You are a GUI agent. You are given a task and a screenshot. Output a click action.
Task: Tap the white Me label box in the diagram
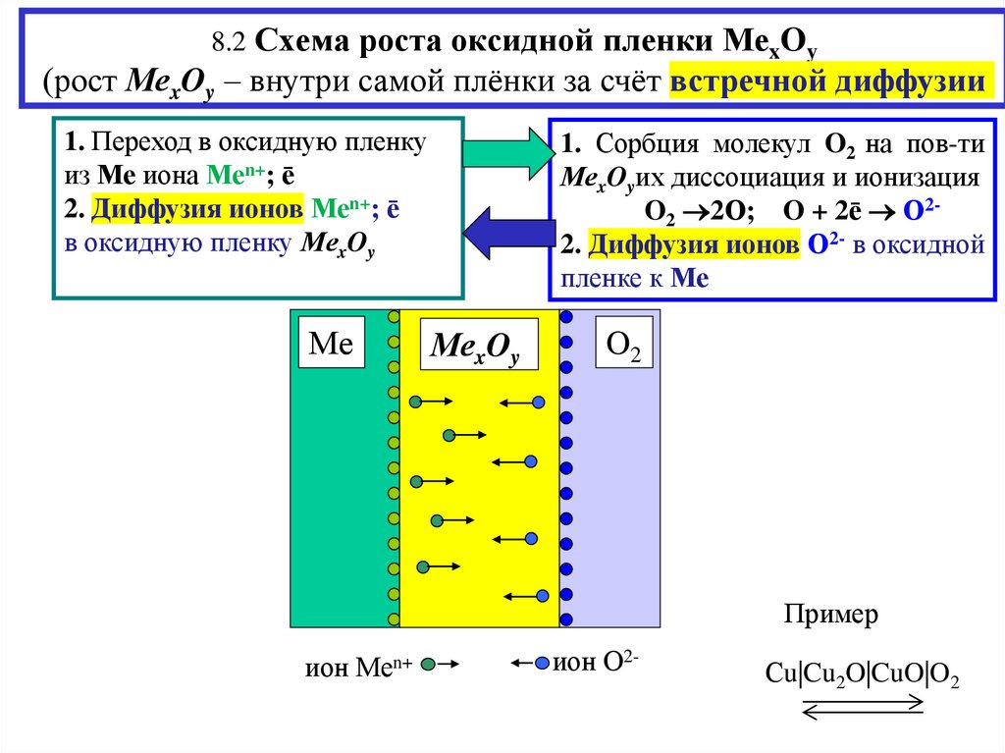coord(330,343)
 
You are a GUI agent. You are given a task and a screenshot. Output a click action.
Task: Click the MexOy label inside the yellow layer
coord(476,346)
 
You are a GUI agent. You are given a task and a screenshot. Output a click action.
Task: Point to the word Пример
coord(831,615)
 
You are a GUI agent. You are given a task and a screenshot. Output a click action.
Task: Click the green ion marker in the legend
coord(428,665)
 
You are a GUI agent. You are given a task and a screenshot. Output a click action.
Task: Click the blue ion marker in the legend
coord(542,665)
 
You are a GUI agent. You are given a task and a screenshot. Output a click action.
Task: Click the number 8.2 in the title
coord(229,43)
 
